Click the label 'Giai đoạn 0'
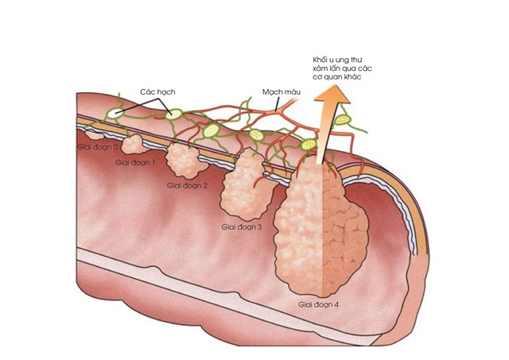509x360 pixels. pyautogui.click(x=98, y=147)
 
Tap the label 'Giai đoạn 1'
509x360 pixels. pyautogui.click(x=135, y=162)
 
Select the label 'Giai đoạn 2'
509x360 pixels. pyautogui.click(x=187, y=185)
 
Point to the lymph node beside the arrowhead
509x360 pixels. pyautogui.click(x=344, y=119)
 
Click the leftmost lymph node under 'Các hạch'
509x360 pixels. pyautogui.click(x=116, y=114)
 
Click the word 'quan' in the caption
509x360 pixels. pyautogui.click(x=337, y=77)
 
